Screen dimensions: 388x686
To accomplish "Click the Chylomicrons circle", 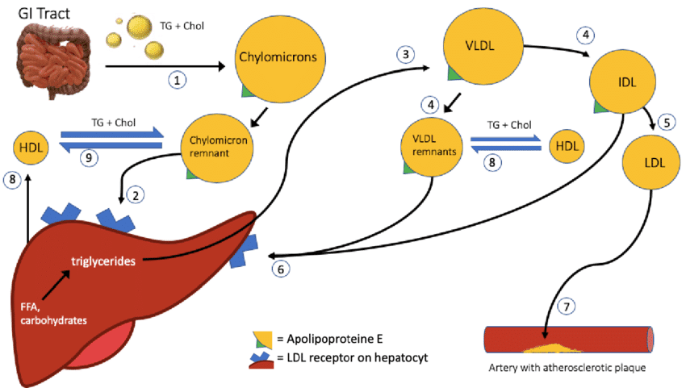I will coord(270,58).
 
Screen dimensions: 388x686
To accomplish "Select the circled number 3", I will coord(406,54).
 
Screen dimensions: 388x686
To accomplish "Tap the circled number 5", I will coord(666,123).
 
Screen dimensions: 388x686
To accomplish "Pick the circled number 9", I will coord(90,157).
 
